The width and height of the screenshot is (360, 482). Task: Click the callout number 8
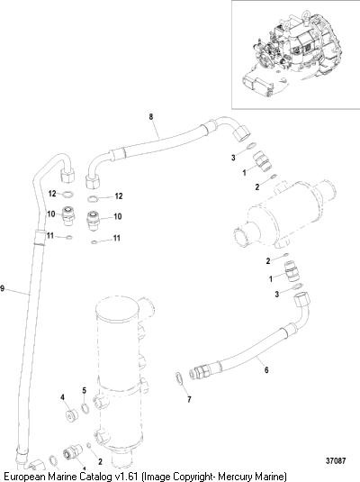(x=151, y=117)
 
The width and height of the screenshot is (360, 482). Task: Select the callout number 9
(x=3, y=288)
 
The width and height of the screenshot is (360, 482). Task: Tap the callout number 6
(x=266, y=370)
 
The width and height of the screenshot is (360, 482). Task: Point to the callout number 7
(x=189, y=399)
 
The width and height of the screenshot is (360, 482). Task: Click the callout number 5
(x=85, y=391)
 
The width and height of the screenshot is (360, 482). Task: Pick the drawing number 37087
(x=336, y=461)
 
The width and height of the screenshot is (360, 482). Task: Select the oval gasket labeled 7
(x=179, y=378)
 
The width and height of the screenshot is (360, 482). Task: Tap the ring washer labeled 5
(x=85, y=408)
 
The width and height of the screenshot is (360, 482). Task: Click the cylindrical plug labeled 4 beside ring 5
(x=72, y=415)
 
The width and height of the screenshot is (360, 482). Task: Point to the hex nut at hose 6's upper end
(x=301, y=300)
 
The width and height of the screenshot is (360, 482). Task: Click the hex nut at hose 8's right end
(x=242, y=133)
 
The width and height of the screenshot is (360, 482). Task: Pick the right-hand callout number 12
(x=119, y=196)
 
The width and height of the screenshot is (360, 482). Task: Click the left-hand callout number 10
(x=51, y=214)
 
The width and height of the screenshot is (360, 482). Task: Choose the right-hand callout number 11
(x=116, y=238)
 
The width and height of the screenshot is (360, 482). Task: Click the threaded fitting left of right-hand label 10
(x=93, y=220)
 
